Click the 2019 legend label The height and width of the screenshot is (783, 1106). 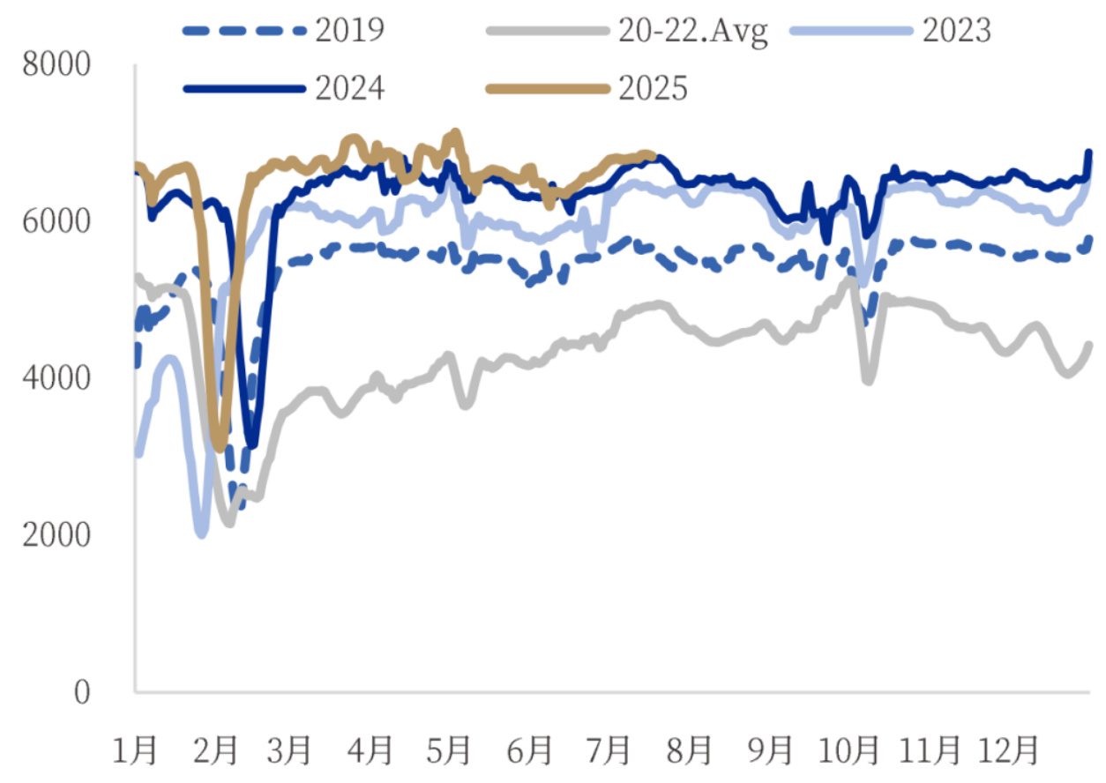tap(348, 31)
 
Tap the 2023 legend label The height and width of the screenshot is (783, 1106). tap(957, 31)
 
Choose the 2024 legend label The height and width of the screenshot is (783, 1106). tap(348, 88)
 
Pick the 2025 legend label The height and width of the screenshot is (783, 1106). tap(653, 88)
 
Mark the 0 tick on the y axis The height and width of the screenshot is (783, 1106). tap(81, 691)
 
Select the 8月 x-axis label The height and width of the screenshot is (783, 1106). tap(690, 750)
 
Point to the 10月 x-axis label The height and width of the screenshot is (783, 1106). tap(851, 750)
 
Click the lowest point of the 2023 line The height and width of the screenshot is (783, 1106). tap(201, 533)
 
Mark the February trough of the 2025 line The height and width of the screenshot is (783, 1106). tap(220, 448)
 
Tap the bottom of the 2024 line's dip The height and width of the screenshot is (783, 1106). tap(253, 444)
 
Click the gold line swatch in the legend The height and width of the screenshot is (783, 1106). tap(548, 88)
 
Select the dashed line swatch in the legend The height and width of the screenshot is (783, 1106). tap(242, 31)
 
